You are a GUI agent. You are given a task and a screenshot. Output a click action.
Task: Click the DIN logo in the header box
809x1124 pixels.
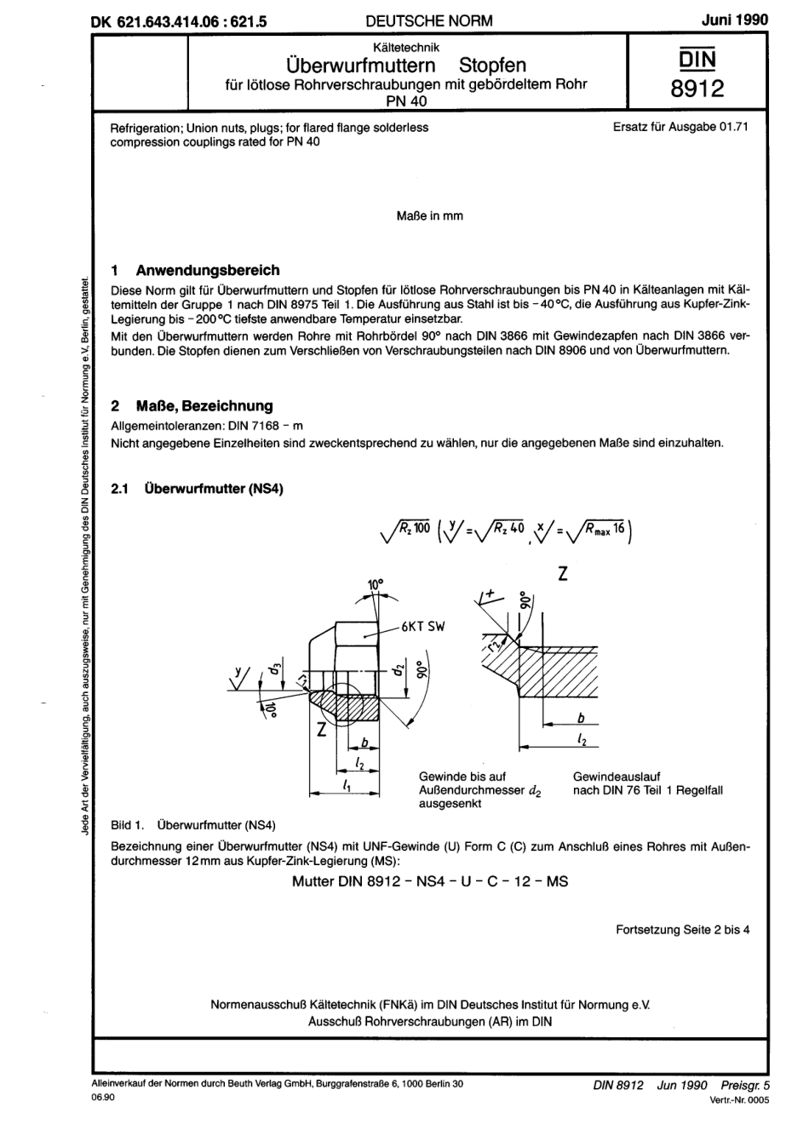pos(697,59)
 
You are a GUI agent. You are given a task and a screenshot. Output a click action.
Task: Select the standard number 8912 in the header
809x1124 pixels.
pos(697,89)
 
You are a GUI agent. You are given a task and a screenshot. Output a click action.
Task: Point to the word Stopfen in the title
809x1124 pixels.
pos(493,65)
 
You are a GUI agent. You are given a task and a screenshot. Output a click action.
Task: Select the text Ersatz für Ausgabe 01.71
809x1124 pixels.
pos(680,128)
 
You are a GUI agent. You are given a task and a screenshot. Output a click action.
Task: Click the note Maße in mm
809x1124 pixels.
pos(430,216)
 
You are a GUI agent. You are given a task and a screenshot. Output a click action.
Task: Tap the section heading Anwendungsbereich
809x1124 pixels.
pos(208,270)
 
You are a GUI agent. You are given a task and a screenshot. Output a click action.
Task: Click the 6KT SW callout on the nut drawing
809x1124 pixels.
pos(423,627)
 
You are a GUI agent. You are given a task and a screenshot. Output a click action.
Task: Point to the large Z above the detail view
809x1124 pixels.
pos(563,575)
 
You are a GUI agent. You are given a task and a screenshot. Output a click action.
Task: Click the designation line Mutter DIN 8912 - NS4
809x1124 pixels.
pos(429,881)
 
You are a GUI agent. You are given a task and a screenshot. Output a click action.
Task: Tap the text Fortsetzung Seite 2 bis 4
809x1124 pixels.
pos(682,930)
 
